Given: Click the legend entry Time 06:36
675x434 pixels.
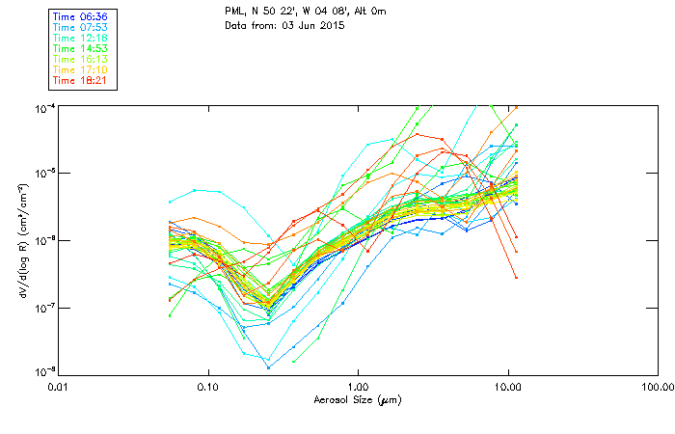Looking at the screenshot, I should tap(80, 15).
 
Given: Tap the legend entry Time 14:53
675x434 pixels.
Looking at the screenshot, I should tap(80, 48).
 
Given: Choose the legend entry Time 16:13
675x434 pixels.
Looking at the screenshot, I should tap(80, 59).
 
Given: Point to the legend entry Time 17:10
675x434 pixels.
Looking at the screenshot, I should tap(80, 69).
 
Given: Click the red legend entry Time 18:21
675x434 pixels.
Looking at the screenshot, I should tap(80, 80).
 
